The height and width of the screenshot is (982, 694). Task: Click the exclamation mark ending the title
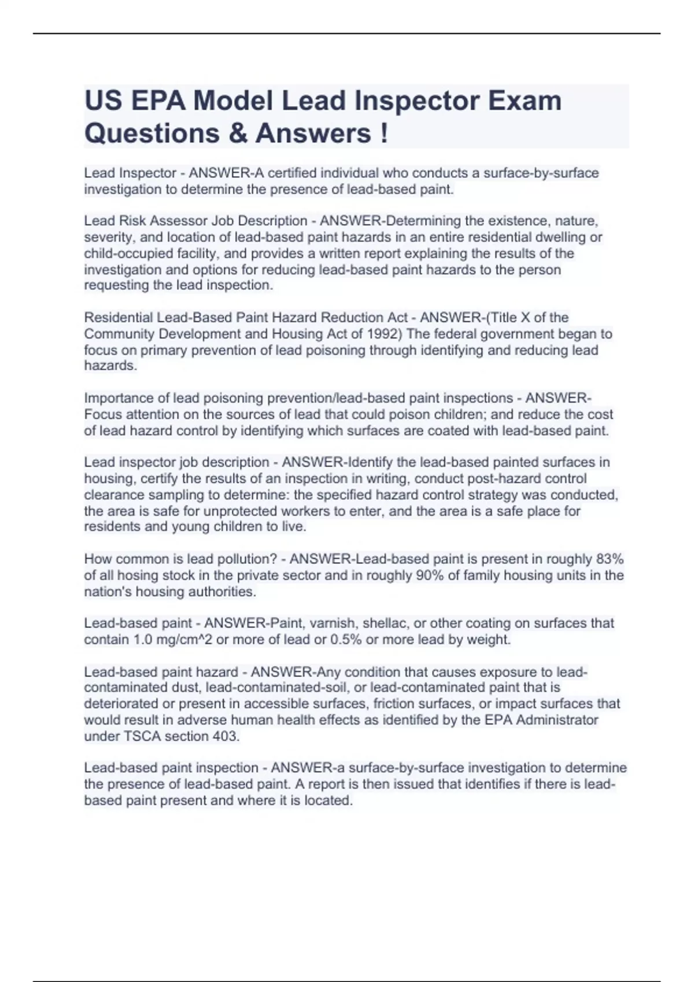(x=385, y=133)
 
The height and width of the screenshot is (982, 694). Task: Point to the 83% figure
(x=610, y=559)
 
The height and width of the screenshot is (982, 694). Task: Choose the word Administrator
(x=557, y=720)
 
